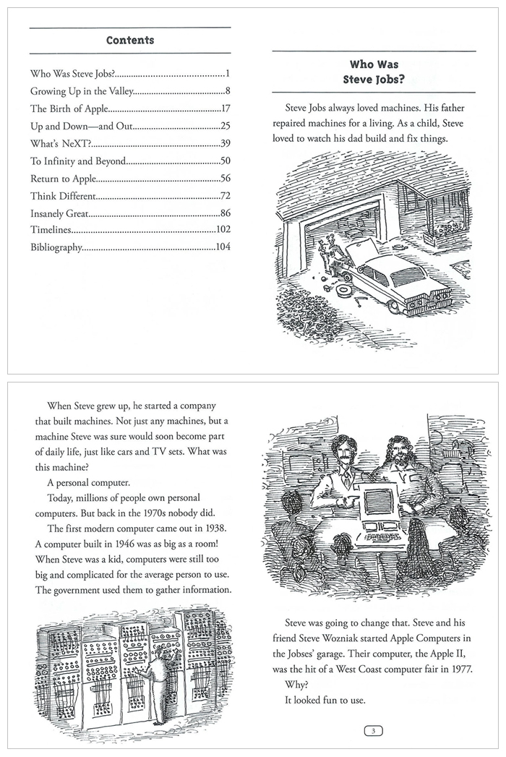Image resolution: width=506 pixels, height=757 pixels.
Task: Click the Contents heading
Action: (x=130, y=40)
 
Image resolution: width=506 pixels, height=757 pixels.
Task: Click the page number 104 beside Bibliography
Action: (x=223, y=247)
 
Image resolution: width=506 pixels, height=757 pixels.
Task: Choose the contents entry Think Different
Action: (x=61, y=196)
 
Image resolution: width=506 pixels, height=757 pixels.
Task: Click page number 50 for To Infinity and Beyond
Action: (x=225, y=161)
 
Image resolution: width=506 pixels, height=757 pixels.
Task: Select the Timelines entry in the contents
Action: (x=51, y=231)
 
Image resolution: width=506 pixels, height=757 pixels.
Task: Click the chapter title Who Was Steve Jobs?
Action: (x=372, y=72)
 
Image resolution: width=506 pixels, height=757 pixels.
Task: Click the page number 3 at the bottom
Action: (x=373, y=731)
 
